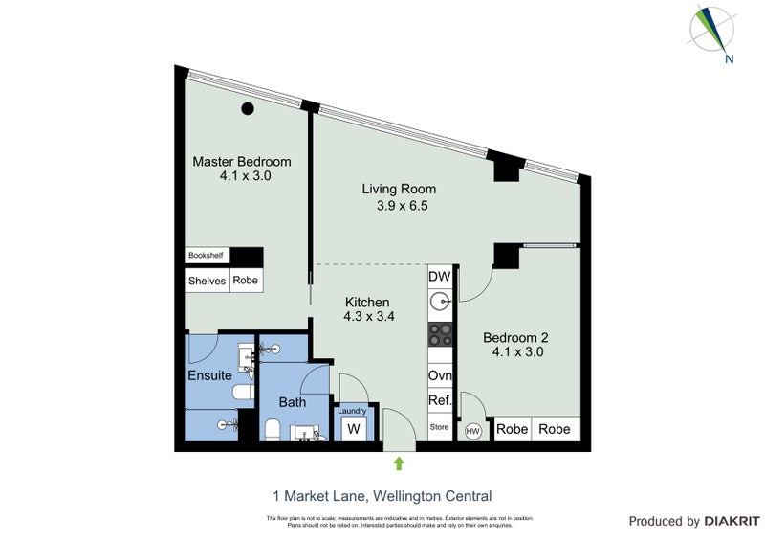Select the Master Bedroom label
click(242, 169)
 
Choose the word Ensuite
click(209, 375)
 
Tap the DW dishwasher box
click(439, 277)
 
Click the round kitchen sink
click(440, 304)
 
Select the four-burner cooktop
click(440, 334)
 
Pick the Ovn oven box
click(440, 376)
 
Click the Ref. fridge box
click(440, 402)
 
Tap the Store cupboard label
click(439, 427)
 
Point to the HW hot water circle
click(472, 431)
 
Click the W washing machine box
click(352, 428)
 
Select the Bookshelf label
click(205, 256)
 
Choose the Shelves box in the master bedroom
click(207, 281)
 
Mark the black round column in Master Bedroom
click(248, 109)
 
